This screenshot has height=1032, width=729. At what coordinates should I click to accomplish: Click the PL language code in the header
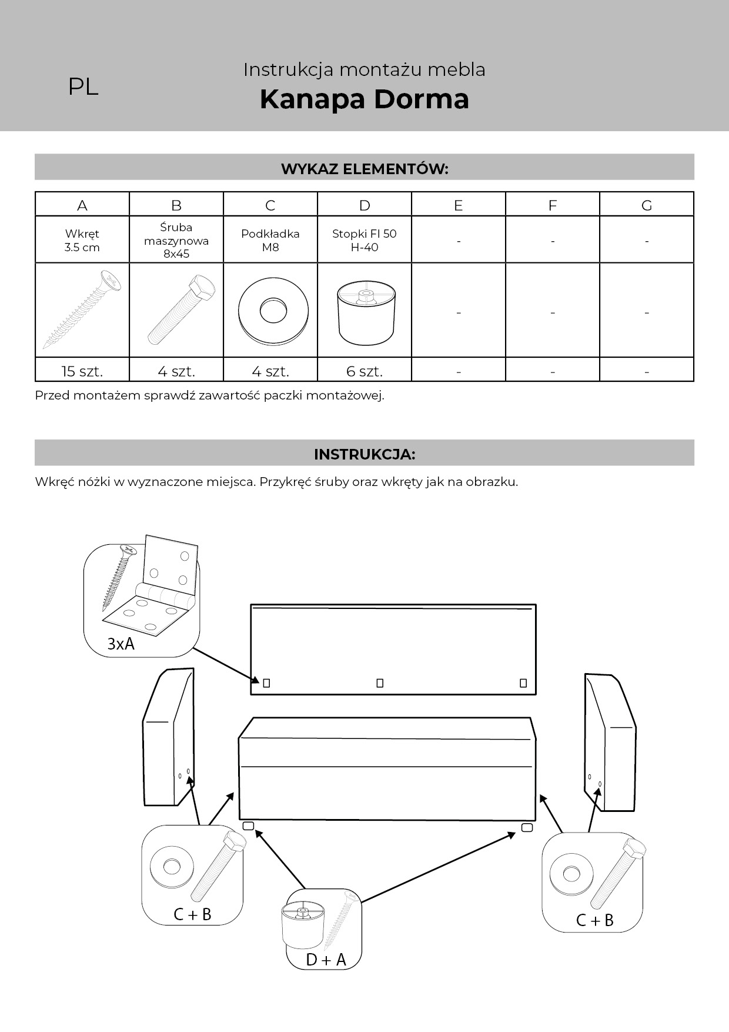83,87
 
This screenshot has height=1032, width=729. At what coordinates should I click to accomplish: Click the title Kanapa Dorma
364,99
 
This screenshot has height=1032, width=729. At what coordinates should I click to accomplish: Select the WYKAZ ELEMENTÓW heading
364,169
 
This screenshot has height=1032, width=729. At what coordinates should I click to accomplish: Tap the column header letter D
364,205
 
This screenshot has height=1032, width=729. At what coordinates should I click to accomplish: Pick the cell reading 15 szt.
82,371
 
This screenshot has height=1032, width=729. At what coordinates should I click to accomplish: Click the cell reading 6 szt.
364,371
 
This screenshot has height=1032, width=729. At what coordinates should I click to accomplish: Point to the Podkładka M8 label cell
270,240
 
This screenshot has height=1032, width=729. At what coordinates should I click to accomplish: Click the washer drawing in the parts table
273,310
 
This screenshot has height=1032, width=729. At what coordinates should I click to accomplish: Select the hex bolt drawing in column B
180,310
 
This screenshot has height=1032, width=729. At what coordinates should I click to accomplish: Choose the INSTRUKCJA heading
364,454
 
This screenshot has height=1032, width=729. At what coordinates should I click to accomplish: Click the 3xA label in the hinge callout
121,644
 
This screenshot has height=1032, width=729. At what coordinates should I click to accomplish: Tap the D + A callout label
326,960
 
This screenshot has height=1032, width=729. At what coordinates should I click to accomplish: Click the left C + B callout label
192,914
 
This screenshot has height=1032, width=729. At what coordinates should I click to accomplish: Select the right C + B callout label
594,920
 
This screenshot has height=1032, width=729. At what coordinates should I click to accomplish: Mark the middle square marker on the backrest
380,683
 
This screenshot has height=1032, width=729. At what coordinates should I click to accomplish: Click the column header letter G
647,205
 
